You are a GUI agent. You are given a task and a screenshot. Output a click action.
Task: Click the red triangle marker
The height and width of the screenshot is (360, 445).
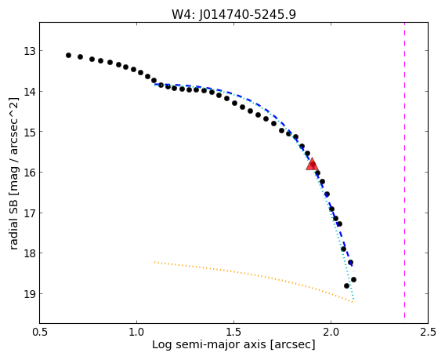click(312, 165)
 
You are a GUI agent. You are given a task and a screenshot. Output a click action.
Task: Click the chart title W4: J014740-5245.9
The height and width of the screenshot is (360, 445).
click(233, 14)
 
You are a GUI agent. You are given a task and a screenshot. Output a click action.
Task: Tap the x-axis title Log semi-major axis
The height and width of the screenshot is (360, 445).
click(233, 344)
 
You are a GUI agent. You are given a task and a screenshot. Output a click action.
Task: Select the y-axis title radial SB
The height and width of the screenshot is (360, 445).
click(13, 174)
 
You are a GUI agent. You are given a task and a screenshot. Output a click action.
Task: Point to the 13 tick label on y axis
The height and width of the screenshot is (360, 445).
click(30, 52)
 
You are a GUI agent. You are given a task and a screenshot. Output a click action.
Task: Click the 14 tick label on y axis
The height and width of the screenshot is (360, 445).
click(30, 92)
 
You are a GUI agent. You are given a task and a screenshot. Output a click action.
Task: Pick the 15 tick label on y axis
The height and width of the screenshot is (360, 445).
click(30, 132)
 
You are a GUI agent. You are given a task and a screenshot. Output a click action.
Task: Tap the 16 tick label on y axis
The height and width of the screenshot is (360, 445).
click(30, 173)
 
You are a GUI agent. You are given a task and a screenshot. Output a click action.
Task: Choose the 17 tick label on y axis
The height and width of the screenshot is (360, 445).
click(30, 213)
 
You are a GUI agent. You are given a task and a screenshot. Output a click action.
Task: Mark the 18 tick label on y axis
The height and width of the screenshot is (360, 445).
click(30, 253)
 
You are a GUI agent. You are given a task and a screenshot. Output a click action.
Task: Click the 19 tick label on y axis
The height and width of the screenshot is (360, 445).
click(30, 294)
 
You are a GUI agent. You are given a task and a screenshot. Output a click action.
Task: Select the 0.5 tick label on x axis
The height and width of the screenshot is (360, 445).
click(40, 332)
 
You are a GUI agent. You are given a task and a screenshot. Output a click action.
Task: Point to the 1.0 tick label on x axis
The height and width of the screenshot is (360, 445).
click(137, 332)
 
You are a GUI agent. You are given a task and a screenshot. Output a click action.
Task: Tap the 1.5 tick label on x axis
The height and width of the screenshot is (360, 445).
click(233, 332)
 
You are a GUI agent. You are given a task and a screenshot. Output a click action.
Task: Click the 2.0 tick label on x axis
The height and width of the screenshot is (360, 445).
click(331, 332)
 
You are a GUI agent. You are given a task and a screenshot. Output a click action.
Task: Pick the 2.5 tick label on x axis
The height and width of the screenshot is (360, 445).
click(428, 332)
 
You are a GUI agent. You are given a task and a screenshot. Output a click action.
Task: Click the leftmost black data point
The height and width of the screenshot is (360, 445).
click(68, 55)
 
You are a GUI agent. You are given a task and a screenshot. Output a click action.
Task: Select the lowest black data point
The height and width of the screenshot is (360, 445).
click(346, 285)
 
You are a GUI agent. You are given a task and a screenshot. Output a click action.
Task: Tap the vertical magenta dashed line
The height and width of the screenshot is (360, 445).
click(404, 170)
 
